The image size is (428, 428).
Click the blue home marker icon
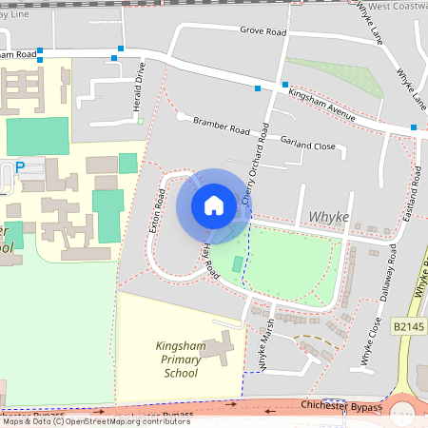(x=214, y=205)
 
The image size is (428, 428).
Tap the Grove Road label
(x=263, y=32)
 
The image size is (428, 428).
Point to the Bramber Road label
(x=221, y=125)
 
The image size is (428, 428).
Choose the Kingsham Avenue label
(x=322, y=104)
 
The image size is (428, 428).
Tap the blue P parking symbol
(x=20, y=168)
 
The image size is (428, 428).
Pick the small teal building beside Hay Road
(x=237, y=263)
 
